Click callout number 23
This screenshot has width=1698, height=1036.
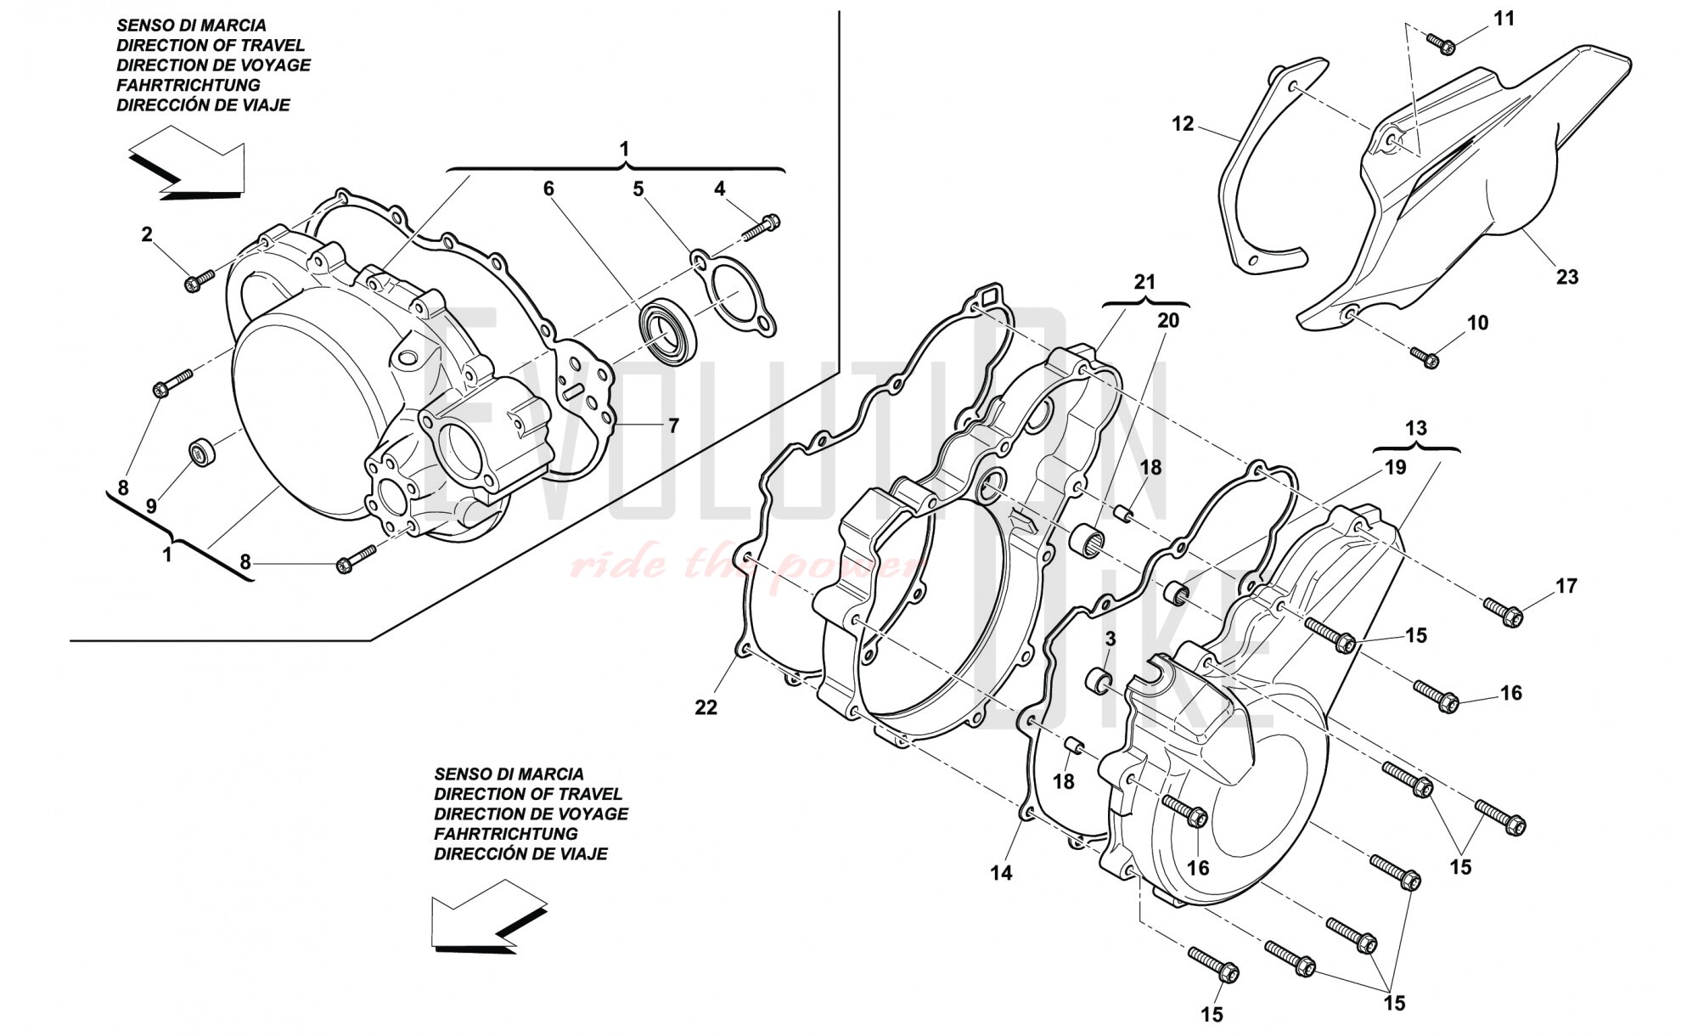click(1566, 277)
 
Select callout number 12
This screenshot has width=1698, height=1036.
click(1183, 124)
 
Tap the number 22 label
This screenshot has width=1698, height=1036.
click(706, 707)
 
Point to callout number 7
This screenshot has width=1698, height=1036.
click(673, 425)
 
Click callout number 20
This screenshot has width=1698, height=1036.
click(1168, 320)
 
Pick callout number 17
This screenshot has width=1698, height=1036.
click(1566, 585)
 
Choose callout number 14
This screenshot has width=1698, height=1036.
click(1001, 872)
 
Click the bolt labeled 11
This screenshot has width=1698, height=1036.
click(1441, 43)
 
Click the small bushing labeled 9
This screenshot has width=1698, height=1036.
click(202, 452)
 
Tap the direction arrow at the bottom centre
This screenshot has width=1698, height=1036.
click(484, 921)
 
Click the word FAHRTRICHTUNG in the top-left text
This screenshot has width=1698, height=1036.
click(188, 85)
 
